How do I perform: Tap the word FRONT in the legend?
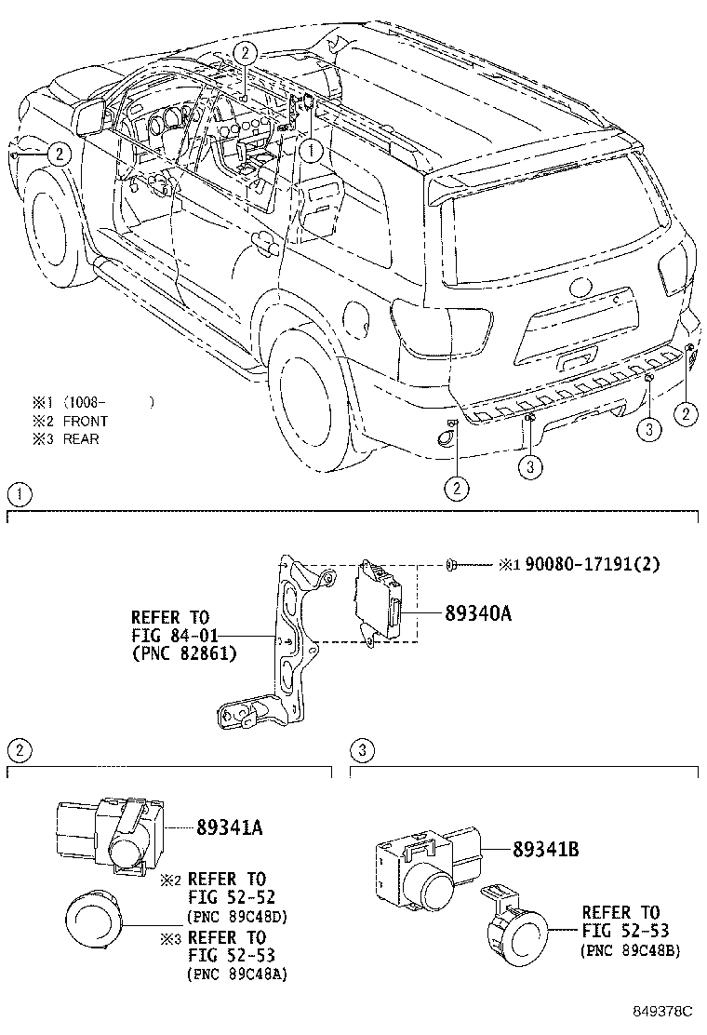pyautogui.click(x=86, y=421)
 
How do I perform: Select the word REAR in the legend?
pyautogui.click(x=81, y=438)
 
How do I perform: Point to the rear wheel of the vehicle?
pyautogui.click(x=307, y=391)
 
